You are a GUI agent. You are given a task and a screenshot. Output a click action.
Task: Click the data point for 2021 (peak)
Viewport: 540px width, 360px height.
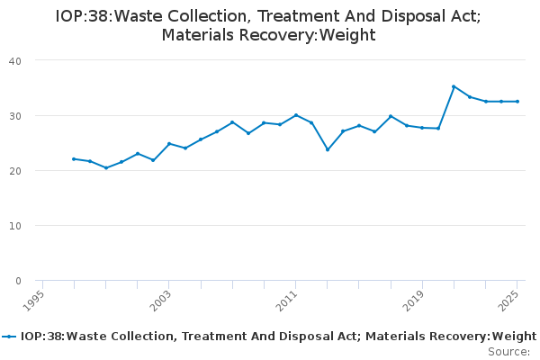(x=454, y=86)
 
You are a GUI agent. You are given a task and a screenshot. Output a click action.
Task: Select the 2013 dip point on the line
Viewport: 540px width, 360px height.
(x=328, y=149)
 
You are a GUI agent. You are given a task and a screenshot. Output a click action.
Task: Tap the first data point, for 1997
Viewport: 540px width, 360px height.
(x=74, y=158)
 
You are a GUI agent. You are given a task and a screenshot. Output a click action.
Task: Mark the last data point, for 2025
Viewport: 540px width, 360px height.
(x=517, y=101)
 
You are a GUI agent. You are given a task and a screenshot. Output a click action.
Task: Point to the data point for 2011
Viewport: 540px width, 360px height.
(x=296, y=115)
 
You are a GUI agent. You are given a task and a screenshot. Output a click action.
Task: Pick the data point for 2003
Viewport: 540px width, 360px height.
(x=169, y=143)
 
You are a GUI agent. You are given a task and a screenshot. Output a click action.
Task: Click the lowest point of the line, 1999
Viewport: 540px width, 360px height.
(x=105, y=167)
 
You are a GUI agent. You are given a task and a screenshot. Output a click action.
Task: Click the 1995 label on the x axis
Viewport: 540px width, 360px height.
(x=34, y=300)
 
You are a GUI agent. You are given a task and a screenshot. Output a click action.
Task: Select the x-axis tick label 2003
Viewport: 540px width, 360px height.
(x=161, y=300)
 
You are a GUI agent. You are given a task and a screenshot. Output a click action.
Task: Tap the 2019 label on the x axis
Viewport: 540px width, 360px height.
(x=415, y=300)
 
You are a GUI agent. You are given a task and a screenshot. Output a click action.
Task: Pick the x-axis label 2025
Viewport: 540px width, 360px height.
(x=510, y=300)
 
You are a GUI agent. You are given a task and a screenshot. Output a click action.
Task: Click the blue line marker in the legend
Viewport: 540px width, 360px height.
(x=10, y=337)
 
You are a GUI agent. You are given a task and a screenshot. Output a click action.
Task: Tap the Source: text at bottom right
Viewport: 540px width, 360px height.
(x=508, y=352)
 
